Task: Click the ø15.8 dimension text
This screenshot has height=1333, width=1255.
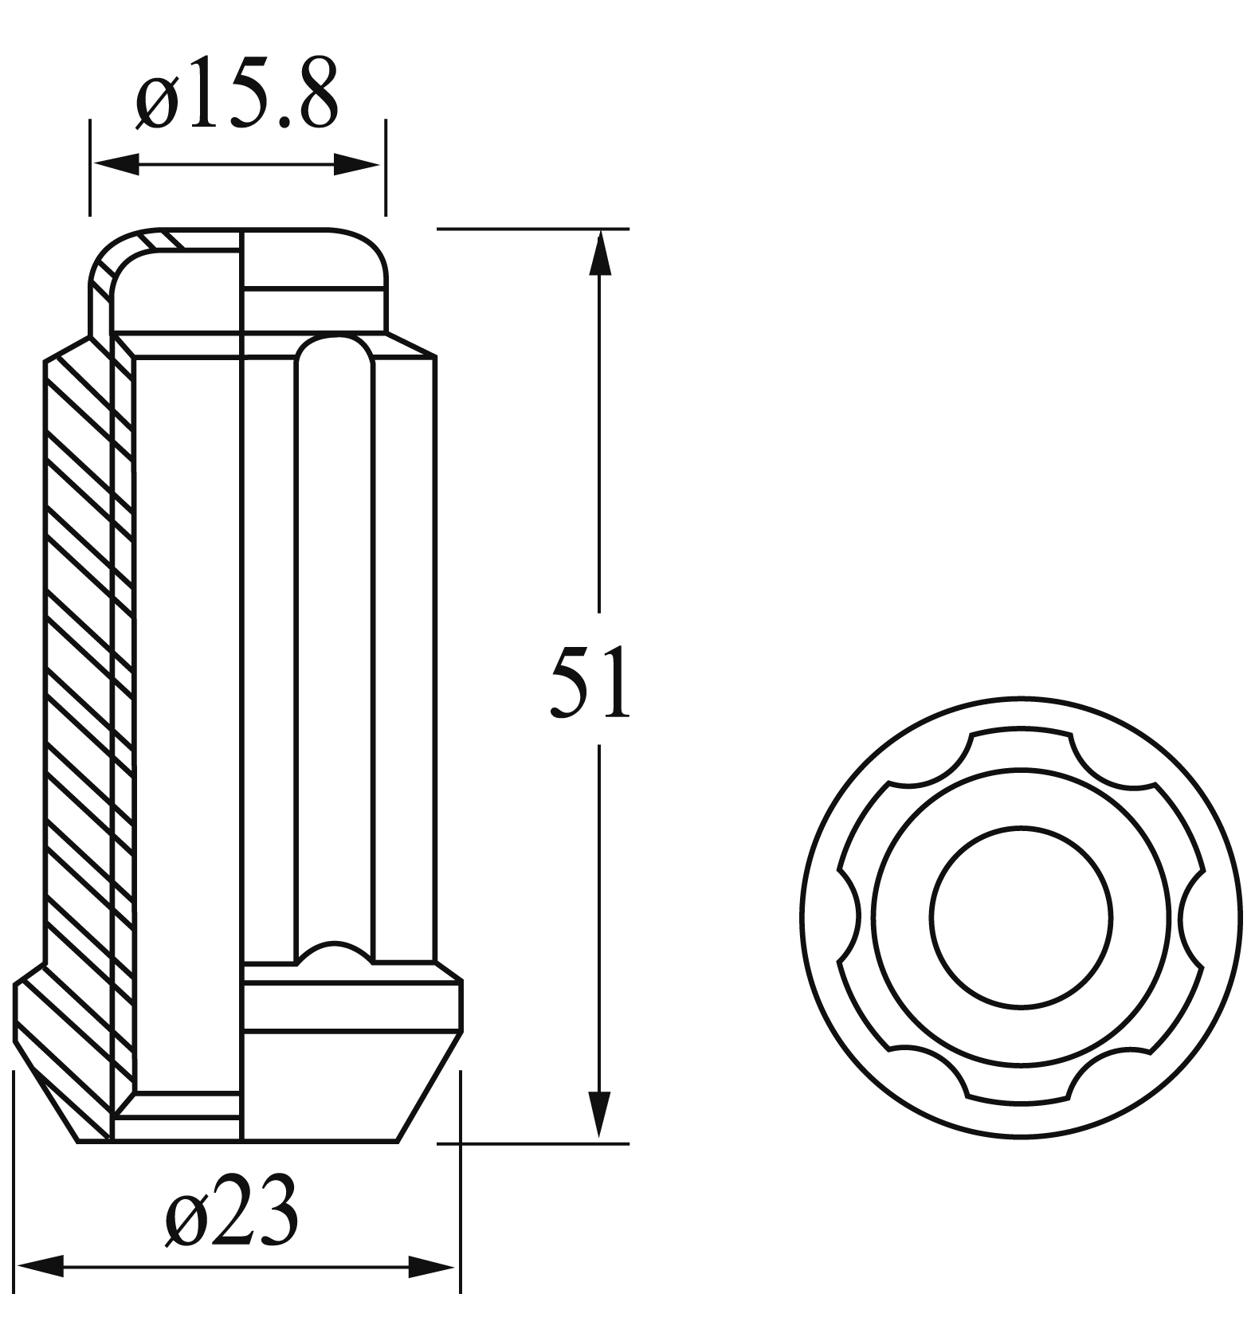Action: (237, 95)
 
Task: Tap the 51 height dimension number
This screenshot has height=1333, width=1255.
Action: (590, 682)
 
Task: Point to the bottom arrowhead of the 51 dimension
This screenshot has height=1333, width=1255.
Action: (599, 1115)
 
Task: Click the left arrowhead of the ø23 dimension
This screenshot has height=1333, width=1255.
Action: (40, 1265)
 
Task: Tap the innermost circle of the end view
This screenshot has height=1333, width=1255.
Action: (1020, 917)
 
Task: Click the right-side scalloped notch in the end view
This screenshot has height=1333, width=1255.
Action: (1187, 917)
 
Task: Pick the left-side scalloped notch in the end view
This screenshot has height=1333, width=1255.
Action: (851, 917)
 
